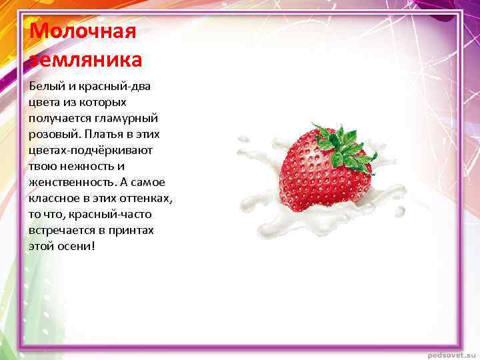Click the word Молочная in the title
(x=83, y=31)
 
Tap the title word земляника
(x=86, y=59)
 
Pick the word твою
(x=41, y=166)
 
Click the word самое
(x=149, y=182)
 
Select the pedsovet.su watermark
(x=450, y=353)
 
